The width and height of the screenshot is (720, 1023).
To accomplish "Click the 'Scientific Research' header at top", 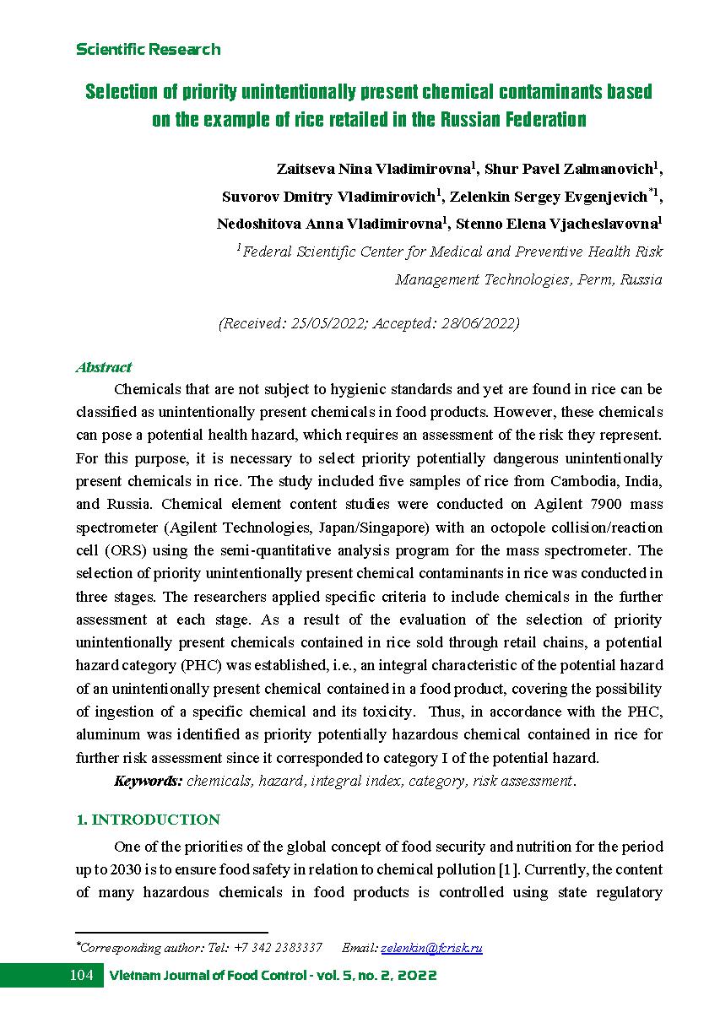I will (x=148, y=50).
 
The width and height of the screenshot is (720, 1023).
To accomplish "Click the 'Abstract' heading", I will (x=104, y=367).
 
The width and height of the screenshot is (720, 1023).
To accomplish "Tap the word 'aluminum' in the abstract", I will (x=111, y=734).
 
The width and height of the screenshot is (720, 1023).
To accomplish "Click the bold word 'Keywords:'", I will (x=148, y=781).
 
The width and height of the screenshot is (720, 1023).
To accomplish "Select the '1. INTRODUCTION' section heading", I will (x=148, y=820).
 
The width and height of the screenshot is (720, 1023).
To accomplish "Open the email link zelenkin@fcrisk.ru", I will (x=431, y=948).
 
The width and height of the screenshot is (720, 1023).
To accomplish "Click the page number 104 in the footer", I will (x=81, y=976).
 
